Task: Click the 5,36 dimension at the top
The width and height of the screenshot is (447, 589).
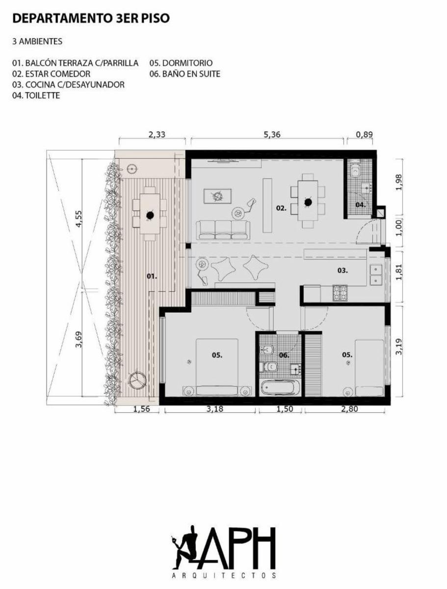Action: [x=272, y=134]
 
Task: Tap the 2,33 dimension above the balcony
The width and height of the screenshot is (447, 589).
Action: [x=157, y=134]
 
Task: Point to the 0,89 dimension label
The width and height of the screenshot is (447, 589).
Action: [x=364, y=134]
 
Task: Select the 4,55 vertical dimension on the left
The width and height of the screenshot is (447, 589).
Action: [x=79, y=219]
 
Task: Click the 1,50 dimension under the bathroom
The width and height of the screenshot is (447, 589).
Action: [x=285, y=409]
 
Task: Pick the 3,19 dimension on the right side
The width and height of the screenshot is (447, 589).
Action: [x=399, y=347]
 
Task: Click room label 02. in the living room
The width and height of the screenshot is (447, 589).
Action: [x=281, y=208]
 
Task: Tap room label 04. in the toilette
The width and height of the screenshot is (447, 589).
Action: [x=361, y=205]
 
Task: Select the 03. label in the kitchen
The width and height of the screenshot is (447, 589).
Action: [x=342, y=270]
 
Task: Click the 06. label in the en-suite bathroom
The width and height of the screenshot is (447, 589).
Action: [x=284, y=355]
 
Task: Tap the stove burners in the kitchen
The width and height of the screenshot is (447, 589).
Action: [x=340, y=292]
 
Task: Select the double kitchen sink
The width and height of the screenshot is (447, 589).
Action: [x=376, y=275]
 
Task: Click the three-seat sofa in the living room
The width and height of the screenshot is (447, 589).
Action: [x=223, y=230]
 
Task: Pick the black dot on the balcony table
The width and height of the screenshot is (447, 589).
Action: [x=150, y=215]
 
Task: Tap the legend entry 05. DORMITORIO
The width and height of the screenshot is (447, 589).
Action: [x=181, y=63]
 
